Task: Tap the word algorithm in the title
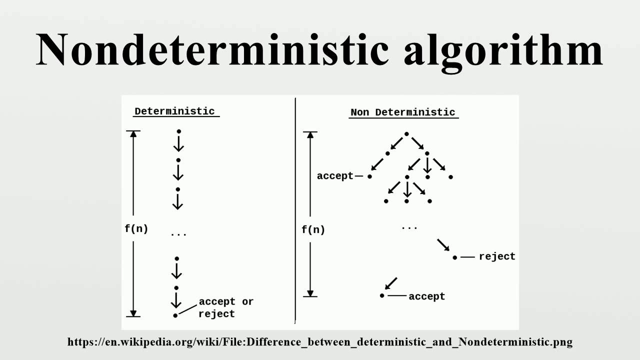pyautogui.click(x=503, y=50)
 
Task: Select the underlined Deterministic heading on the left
pyautogui.click(x=174, y=111)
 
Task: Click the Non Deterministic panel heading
pyautogui.click(x=403, y=112)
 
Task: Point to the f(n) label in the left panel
pyautogui.click(x=136, y=229)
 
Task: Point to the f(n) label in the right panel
pyautogui.click(x=313, y=230)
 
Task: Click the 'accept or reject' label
pyautogui.click(x=225, y=307)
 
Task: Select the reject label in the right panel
pyautogui.click(x=496, y=256)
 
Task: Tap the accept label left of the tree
pyautogui.click(x=335, y=176)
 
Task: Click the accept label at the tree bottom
pyautogui.click(x=426, y=296)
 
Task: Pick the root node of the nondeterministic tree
pyautogui.click(x=406, y=134)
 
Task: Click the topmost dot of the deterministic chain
pyautogui.click(x=178, y=131)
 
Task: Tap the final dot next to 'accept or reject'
pyautogui.click(x=175, y=315)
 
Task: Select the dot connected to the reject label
pyautogui.click(x=454, y=257)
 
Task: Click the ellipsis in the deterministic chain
pyautogui.click(x=178, y=234)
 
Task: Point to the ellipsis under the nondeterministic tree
pyautogui.click(x=409, y=228)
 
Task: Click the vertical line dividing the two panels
pyautogui.click(x=295, y=210)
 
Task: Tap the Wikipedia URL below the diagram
pyautogui.click(x=320, y=342)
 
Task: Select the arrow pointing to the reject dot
pyautogui.click(x=443, y=245)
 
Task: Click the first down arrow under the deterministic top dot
pyautogui.click(x=178, y=143)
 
